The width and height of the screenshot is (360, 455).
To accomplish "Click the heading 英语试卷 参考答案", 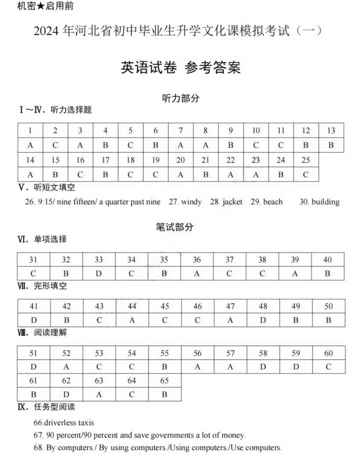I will pos(180,68).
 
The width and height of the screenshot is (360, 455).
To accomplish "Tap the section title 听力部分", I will pos(180,98).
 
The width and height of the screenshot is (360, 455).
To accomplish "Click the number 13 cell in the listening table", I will pos(331,130).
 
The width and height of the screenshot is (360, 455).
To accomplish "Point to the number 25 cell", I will pos(306,160).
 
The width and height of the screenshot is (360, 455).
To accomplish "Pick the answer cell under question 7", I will pos(180,145).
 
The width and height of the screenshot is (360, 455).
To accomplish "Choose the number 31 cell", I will pos(33,260).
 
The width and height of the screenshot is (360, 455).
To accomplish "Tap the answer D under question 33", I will pos(98,274).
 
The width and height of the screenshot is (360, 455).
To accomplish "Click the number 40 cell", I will pos(327,260).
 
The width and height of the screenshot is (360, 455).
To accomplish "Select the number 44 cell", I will pos(132,306).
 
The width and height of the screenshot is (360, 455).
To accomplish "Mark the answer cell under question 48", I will pos(263,320).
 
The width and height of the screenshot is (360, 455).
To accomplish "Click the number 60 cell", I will pos(328,353).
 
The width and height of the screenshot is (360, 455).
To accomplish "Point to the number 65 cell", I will pos(164,380).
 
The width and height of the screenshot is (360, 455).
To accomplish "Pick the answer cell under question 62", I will pos(66,394).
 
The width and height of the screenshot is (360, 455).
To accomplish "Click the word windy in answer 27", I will pos(191,202).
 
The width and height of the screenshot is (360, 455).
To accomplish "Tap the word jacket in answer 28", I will pos(232,202).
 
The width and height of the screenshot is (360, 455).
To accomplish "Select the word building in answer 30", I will pos(325,202).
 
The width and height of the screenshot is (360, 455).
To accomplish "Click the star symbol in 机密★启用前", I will pos(41,6).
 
